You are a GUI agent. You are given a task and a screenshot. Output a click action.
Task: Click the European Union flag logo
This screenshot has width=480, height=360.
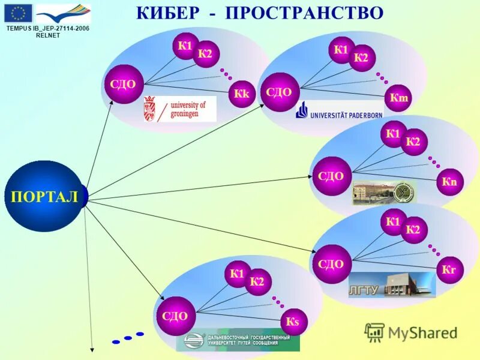click(18, 13)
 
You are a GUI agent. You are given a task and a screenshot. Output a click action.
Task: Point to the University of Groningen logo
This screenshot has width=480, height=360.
click(179, 109)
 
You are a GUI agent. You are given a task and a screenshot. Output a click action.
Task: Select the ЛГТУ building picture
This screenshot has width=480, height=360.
click(392, 284)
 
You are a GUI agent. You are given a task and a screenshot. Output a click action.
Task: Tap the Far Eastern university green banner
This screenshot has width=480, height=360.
click(238, 342)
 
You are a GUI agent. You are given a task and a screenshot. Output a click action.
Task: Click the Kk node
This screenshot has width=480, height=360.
click(242, 94)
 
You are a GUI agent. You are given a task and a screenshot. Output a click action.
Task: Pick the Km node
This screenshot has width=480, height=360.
click(398, 98)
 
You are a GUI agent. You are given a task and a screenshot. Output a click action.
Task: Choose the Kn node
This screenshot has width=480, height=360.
click(449, 182)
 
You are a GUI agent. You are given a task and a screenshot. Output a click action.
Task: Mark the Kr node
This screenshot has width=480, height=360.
click(449, 270)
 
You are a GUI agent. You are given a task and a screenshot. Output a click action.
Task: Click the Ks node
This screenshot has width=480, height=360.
click(292, 323)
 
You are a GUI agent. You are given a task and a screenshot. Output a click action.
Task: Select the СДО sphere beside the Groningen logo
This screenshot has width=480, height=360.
click(123, 85)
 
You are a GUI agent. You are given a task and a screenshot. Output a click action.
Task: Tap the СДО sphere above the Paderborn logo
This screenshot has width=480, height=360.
click(278, 92)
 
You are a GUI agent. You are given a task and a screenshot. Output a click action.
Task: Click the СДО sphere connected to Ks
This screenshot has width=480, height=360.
click(175, 316)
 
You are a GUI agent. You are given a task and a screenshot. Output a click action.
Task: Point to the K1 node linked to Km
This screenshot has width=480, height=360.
click(341, 50)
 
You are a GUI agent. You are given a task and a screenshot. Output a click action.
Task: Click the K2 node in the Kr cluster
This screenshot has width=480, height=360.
click(413, 230)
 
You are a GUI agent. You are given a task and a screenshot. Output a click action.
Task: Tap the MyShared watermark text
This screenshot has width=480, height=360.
click(422, 332)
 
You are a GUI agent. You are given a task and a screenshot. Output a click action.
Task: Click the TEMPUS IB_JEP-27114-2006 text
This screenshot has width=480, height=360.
click(47, 28)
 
